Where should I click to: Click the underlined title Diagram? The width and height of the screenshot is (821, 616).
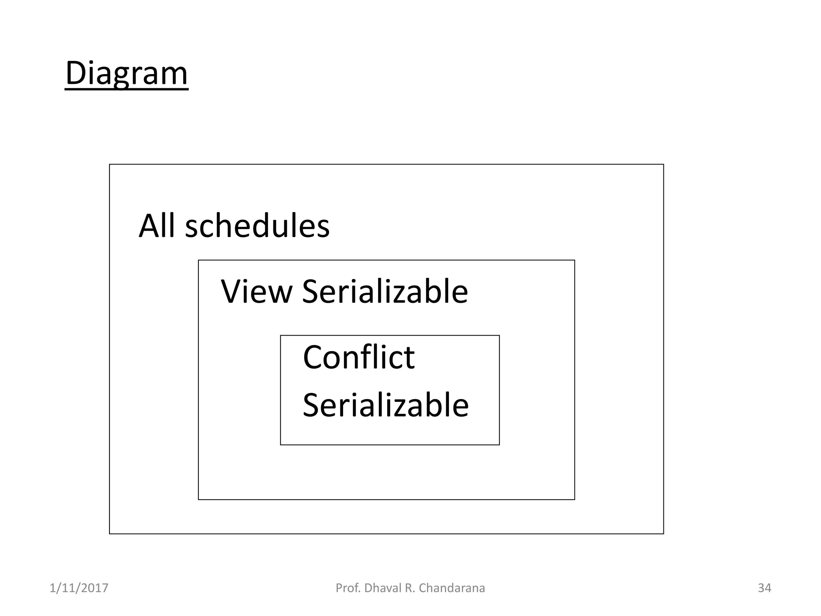pos(126,73)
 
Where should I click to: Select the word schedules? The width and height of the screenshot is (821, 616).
pos(257,226)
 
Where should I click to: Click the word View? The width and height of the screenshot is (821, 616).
pos(257,292)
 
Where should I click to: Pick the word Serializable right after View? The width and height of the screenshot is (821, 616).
pos(385,292)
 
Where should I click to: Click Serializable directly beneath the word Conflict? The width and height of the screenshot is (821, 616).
pos(386,405)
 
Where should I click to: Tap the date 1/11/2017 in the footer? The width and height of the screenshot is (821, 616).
pos(79,588)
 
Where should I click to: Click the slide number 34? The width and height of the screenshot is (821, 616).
pos(764,588)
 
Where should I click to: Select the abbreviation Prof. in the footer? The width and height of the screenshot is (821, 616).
pos(348,588)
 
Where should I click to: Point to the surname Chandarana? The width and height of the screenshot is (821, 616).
pos(452,588)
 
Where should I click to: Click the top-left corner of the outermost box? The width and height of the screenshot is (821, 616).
pos(109,164)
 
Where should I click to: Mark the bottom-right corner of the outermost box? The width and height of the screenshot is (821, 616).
pos(663,534)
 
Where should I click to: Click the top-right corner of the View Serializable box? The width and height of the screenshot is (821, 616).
pos(574,260)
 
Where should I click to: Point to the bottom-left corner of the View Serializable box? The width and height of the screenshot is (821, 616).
pos(198,499)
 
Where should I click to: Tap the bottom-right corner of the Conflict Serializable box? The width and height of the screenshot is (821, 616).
pos(499,445)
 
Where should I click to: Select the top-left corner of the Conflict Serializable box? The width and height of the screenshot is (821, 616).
pos(281,336)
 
